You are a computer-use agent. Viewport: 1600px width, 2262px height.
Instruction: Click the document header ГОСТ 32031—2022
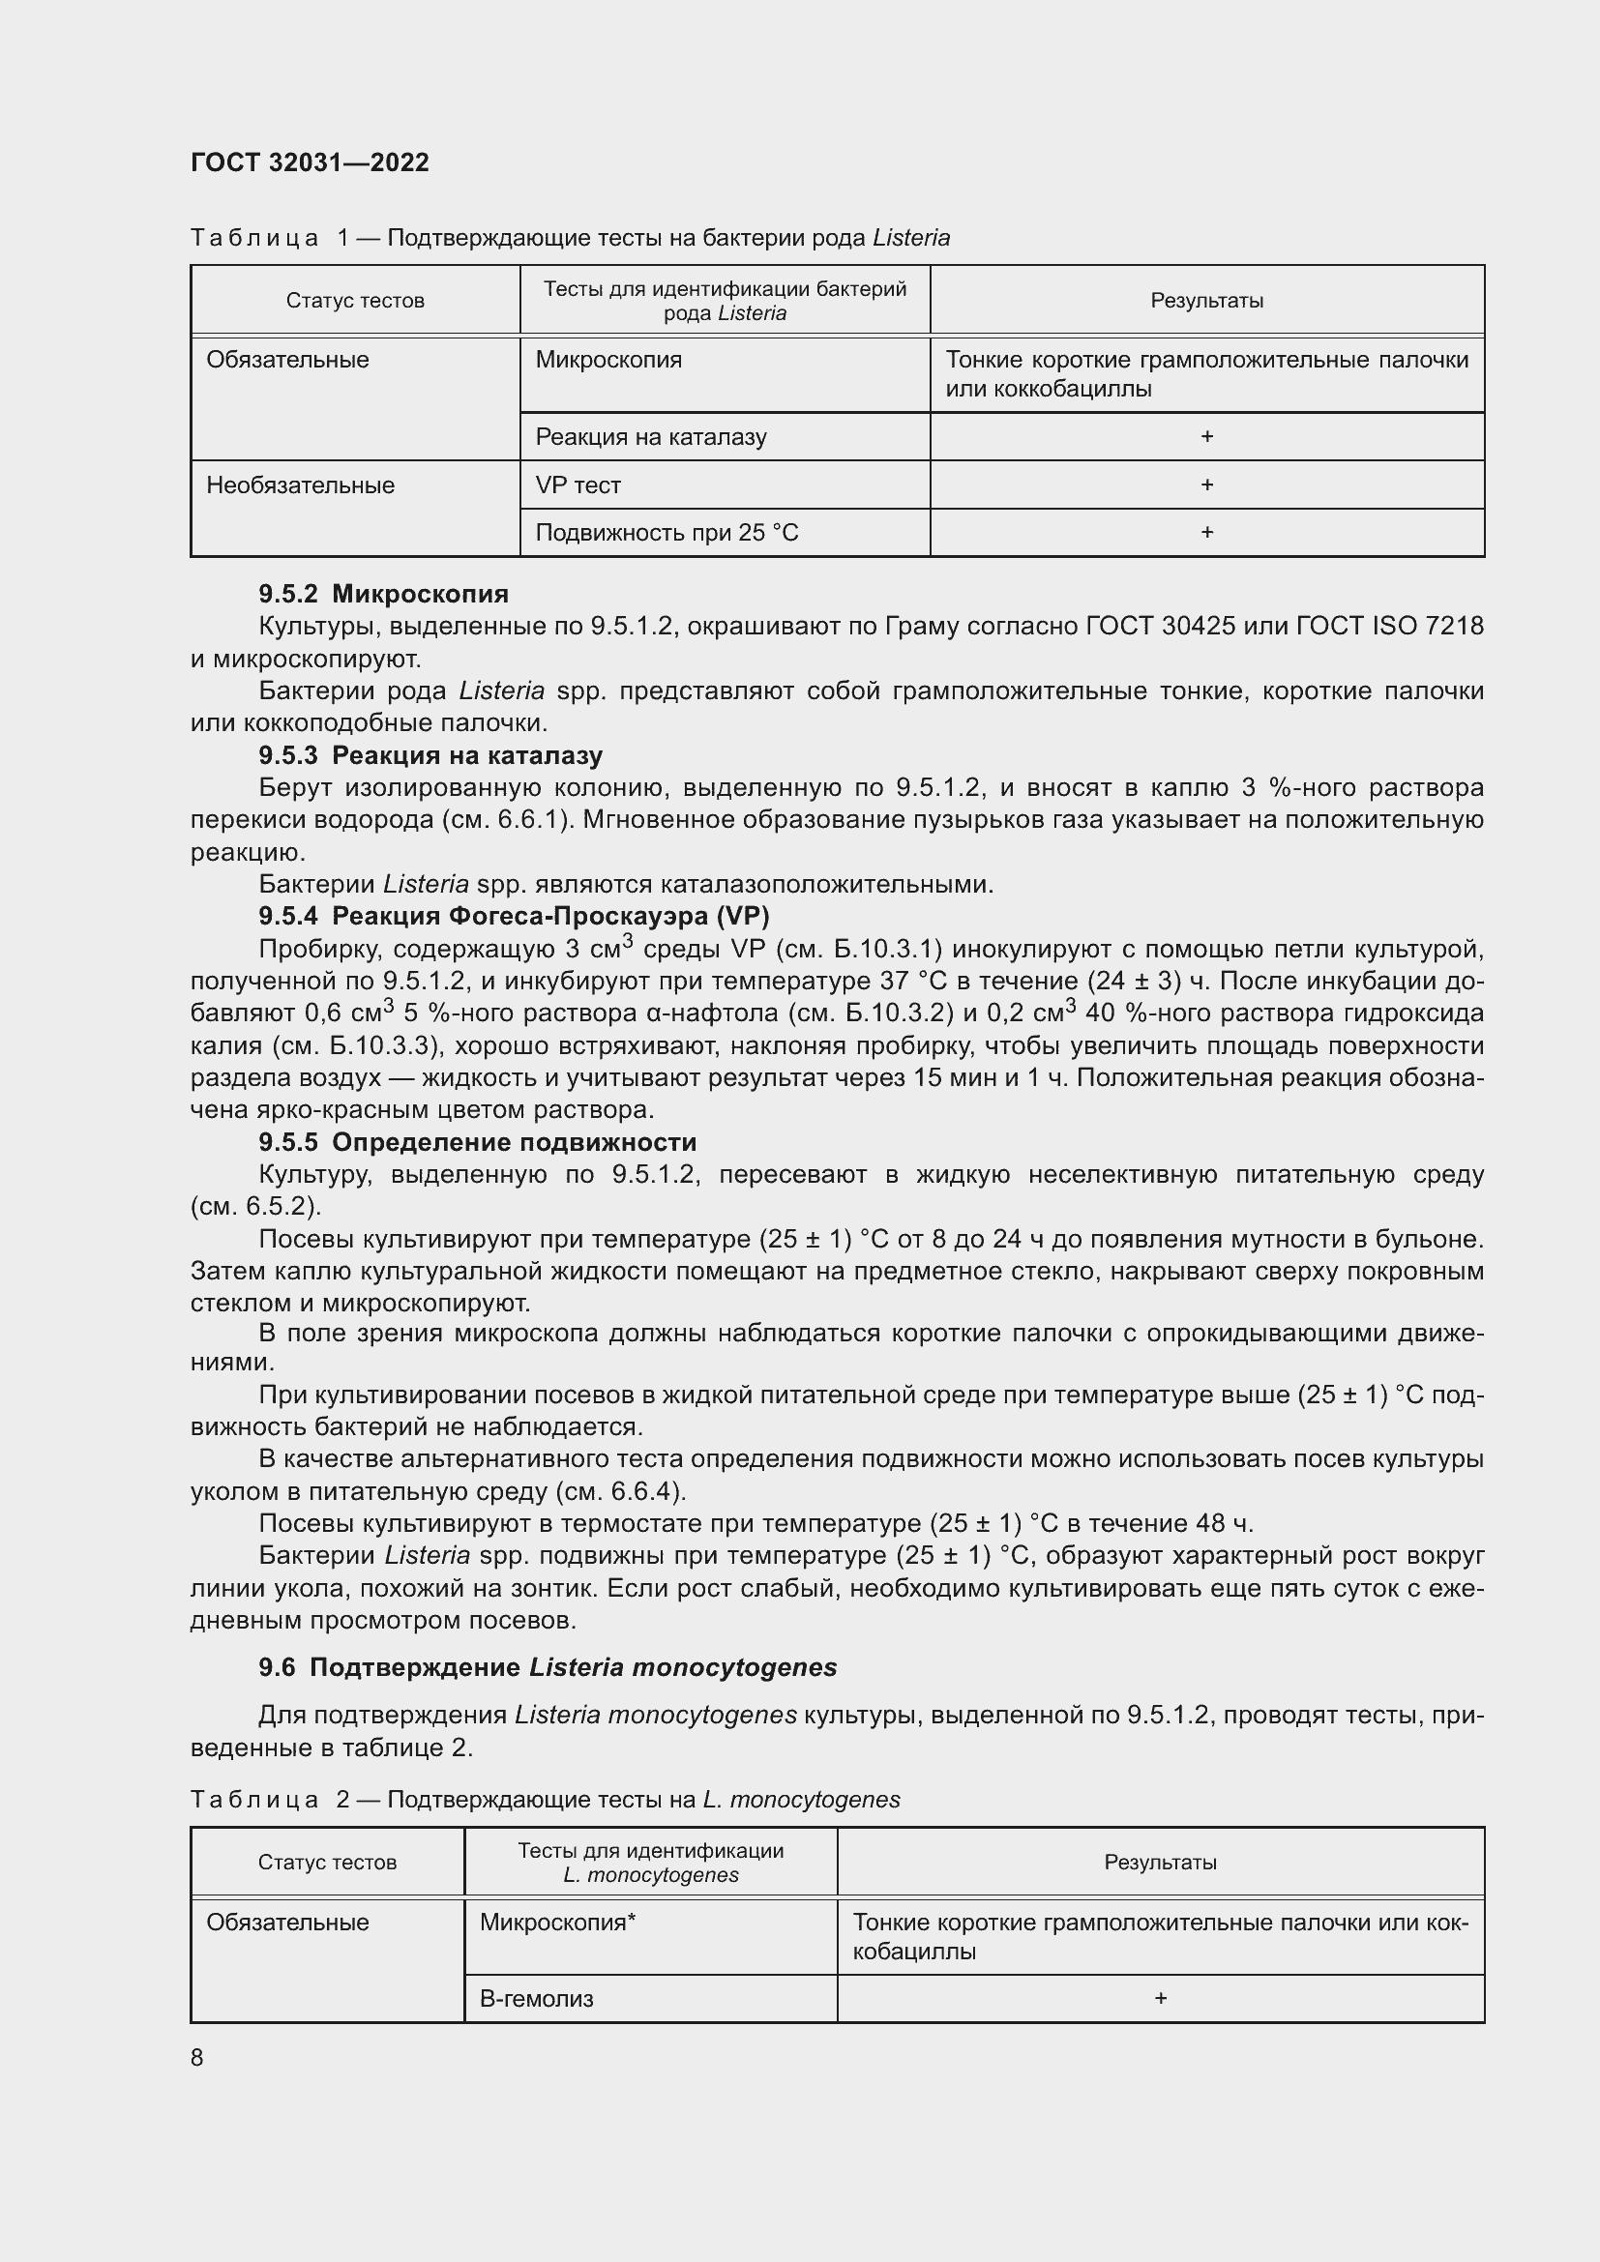point(310,162)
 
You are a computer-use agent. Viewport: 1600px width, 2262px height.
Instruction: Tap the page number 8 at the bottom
point(197,2057)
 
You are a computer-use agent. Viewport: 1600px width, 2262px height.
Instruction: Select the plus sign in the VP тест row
point(1206,485)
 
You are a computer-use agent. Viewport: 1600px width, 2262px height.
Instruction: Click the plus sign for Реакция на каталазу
point(1206,436)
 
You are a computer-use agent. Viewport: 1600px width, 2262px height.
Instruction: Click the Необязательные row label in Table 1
point(301,485)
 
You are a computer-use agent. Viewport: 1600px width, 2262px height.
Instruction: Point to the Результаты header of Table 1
point(1206,301)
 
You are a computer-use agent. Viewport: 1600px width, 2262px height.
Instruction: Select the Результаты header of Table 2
point(1160,1862)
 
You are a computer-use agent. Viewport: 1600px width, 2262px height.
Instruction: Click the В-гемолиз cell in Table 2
point(537,1999)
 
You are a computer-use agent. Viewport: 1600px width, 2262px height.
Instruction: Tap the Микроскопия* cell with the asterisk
point(557,1923)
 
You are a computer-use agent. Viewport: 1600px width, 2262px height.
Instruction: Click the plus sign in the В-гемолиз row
point(1160,1998)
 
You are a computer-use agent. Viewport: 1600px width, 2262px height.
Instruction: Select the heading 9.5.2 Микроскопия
point(383,594)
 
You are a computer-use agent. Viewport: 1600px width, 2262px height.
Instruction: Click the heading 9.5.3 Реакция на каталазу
point(430,755)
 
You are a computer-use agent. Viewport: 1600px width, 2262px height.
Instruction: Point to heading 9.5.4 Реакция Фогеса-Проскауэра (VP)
point(514,916)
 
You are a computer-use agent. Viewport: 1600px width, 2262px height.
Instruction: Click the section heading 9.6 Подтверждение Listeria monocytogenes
point(547,1667)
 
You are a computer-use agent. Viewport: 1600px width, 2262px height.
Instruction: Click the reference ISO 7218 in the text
point(1428,627)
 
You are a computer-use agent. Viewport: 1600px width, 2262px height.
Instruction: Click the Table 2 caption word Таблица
point(254,1800)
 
